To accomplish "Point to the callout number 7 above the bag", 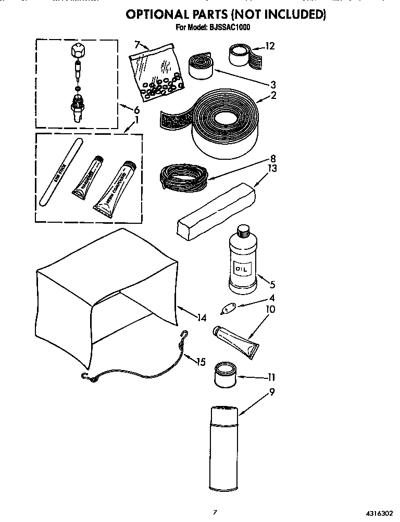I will pos(137,44).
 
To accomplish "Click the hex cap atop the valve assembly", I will pos(77,52).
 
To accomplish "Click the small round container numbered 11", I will pos(225,374).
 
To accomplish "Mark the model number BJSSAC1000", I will pos(228,28).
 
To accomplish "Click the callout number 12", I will pos(269,46).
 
